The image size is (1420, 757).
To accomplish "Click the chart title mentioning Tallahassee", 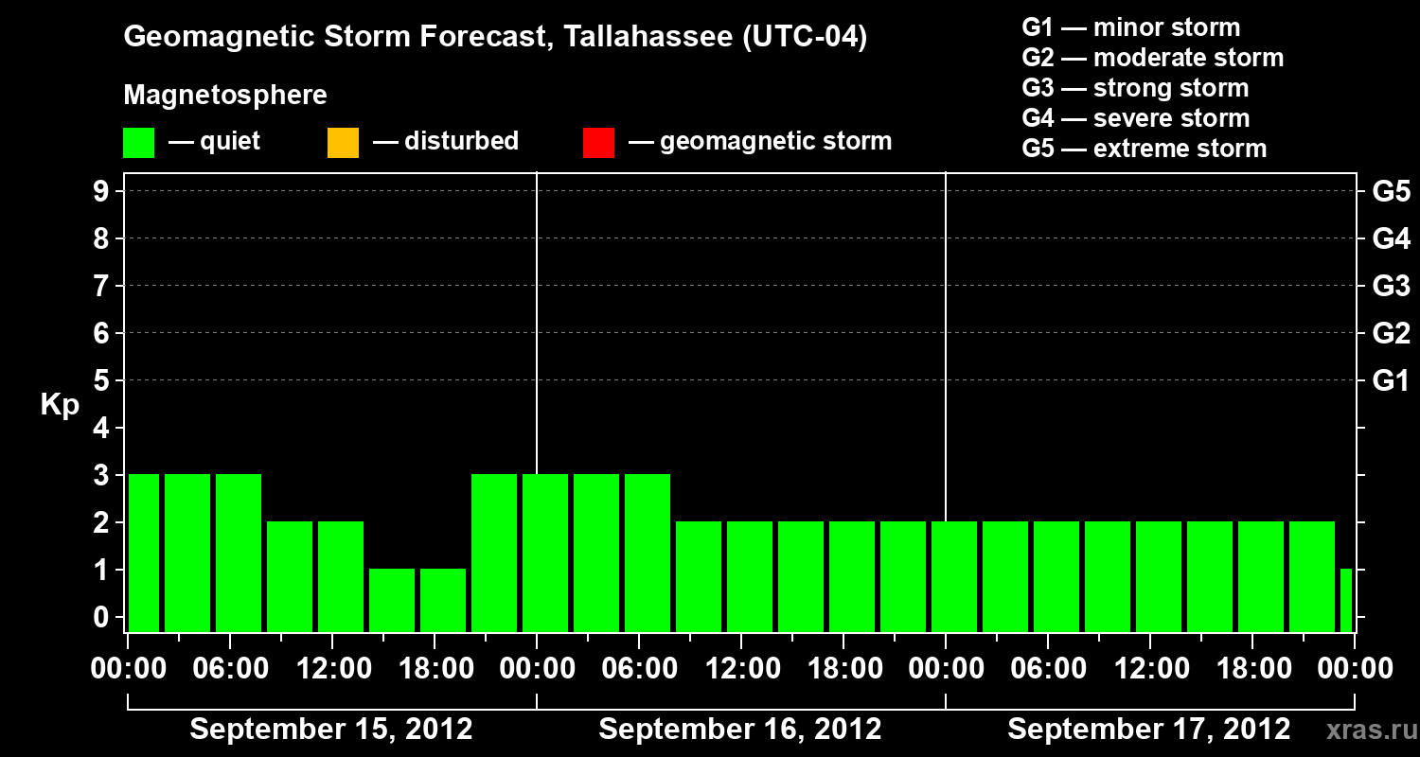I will point(495,38).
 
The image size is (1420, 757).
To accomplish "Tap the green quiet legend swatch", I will point(139,143).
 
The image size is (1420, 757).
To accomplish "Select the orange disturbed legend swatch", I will point(343,143).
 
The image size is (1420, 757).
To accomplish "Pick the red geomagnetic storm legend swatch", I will point(598,143).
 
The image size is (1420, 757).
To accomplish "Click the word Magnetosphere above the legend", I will point(225,96).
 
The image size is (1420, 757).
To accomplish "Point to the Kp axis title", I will point(60,405).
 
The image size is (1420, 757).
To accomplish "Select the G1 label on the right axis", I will point(1391,381).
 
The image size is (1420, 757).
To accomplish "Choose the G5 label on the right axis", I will point(1391,192).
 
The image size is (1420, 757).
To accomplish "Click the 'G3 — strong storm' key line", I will point(1135,88).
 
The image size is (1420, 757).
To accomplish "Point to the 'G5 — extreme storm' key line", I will point(1144,149).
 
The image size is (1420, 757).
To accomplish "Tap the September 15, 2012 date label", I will point(331,730).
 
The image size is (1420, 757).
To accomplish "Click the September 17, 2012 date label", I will point(1148,730).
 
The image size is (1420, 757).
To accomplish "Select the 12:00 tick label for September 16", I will point(741,669).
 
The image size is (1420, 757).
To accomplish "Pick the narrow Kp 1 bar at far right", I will point(1346,600).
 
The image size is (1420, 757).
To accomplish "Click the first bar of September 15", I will point(144,553).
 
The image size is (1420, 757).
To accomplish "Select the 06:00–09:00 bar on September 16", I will point(648,553).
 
